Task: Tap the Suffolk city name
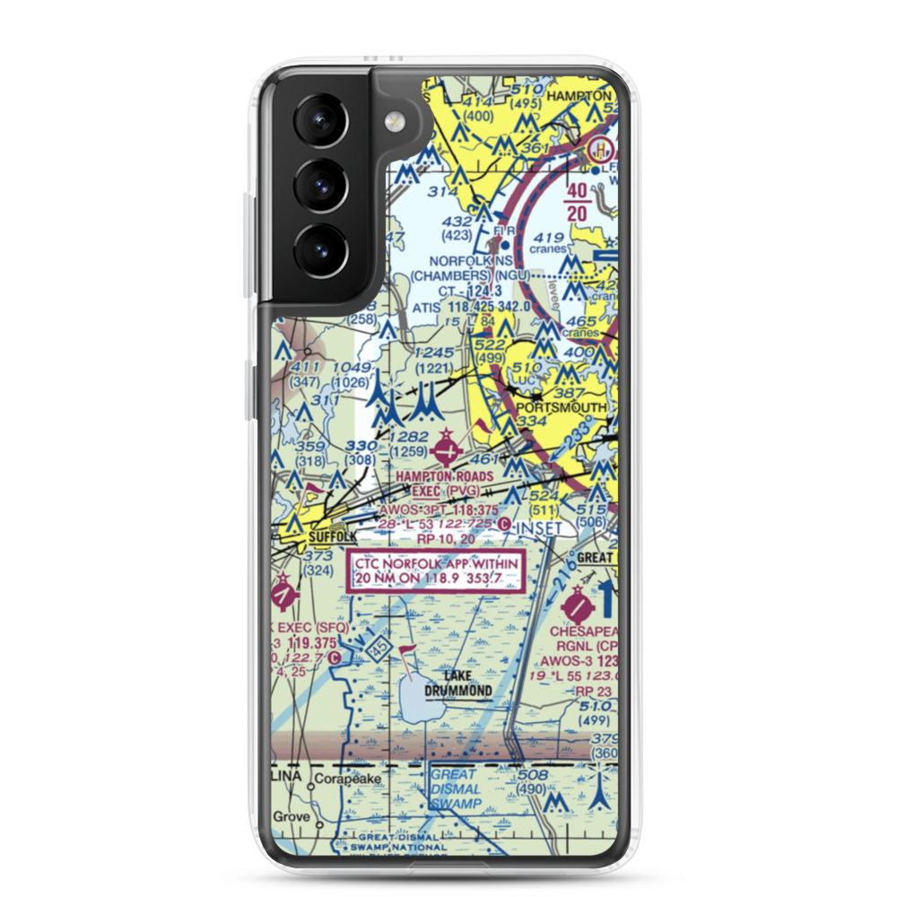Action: pyautogui.click(x=332, y=536)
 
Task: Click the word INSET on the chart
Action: pyautogui.click(x=542, y=527)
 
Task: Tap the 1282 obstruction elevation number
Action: pyautogui.click(x=409, y=436)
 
